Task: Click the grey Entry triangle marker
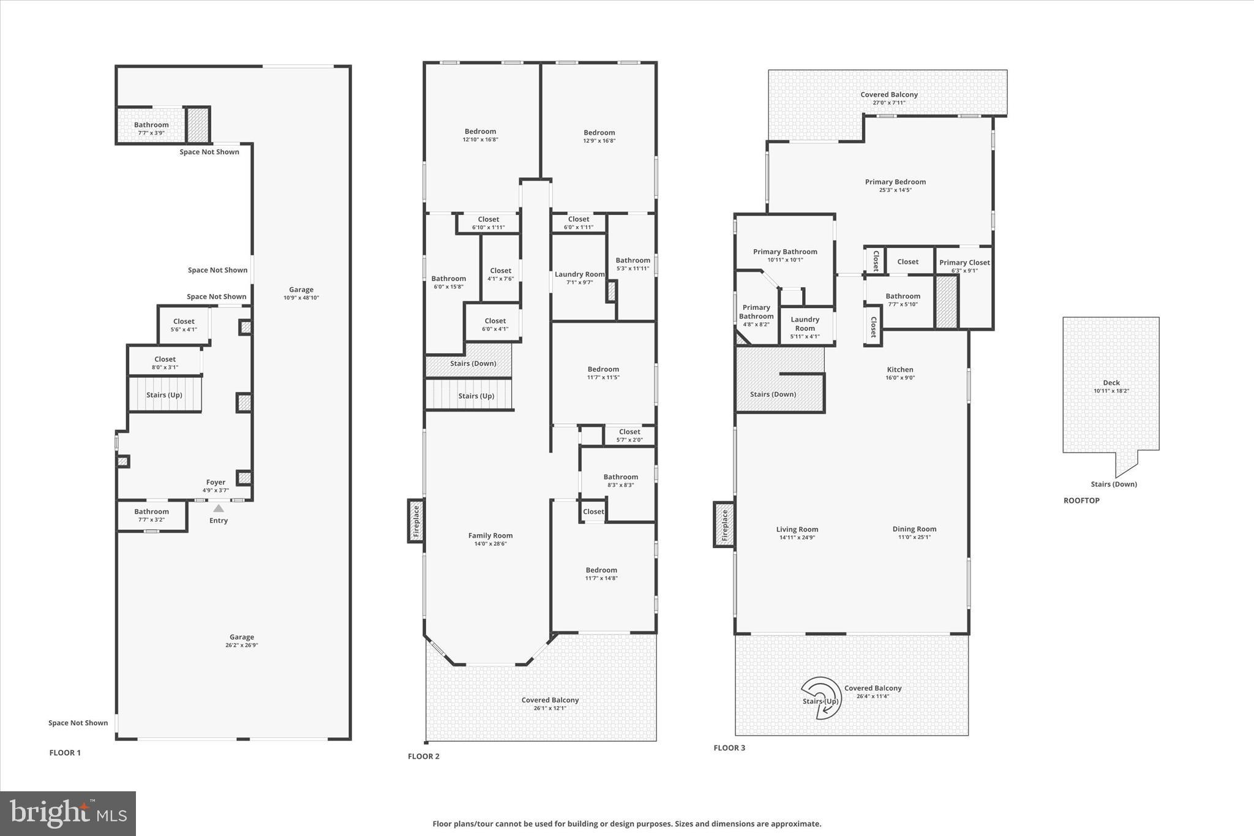tap(218, 508)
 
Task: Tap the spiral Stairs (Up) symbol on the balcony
tap(822, 696)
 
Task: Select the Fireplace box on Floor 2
tap(416, 521)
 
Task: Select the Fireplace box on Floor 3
tap(724, 524)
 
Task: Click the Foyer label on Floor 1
tap(216, 483)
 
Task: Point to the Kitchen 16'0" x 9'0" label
tap(899, 373)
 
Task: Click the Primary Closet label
tap(964, 263)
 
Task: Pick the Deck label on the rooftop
tap(1111, 383)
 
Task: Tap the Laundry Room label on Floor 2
tap(579, 274)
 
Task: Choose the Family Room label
tap(490, 536)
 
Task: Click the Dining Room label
tap(914, 529)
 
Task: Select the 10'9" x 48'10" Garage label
tap(301, 293)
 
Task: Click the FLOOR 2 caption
tap(424, 756)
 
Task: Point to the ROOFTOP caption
tap(1081, 500)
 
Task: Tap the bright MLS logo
tap(68, 813)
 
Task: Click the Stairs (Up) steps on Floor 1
tap(164, 394)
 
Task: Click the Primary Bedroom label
tap(895, 182)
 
